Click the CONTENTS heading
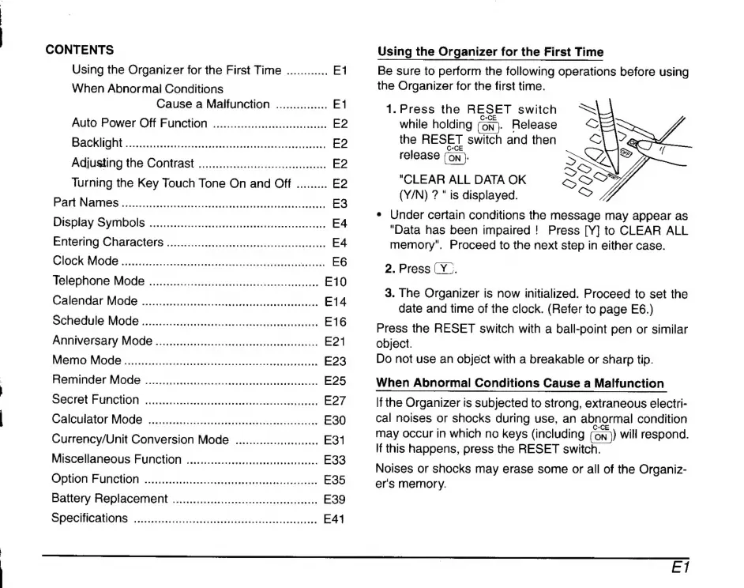point(79,49)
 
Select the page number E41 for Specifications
point(336,519)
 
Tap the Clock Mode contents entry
point(86,261)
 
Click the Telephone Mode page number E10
point(336,281)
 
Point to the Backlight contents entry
point(96,143)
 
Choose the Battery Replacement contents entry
point(109,499)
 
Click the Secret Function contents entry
point(95,400)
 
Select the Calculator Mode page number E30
point(336,420)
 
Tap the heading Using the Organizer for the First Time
point(490,52)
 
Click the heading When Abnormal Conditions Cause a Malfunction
point(520,383)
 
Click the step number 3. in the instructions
point(389,293)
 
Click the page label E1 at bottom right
point(680,566)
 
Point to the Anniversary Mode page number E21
point(336,341)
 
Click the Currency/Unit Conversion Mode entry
point(140,439)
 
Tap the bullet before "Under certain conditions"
point(381,216)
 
